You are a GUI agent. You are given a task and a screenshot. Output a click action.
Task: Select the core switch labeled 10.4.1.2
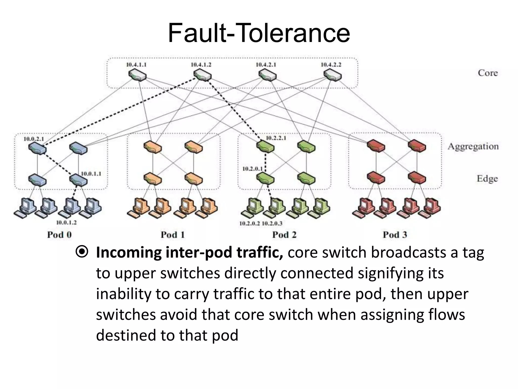(202, 75)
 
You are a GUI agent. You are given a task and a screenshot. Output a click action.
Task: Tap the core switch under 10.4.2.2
(333, 75)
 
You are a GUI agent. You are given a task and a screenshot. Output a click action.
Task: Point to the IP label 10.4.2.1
(266, 65)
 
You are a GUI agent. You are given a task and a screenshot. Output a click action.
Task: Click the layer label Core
(488, 73)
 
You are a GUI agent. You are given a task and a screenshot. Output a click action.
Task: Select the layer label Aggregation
(473, 146)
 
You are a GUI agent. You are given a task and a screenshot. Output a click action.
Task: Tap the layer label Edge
(487, 179)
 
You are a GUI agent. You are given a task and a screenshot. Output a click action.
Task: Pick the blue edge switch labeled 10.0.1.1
(78, 180)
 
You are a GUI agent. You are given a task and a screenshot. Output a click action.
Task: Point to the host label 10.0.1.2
(66, 223)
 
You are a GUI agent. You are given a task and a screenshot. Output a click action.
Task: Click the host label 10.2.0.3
(272, 223)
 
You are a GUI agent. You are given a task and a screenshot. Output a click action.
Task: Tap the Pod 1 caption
(173, 235)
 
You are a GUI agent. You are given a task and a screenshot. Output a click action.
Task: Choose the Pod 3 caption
(395, 235)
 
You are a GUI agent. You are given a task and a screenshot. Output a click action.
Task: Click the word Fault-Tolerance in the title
(259, 33)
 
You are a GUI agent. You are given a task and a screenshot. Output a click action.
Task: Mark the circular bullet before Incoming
(82, 252)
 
